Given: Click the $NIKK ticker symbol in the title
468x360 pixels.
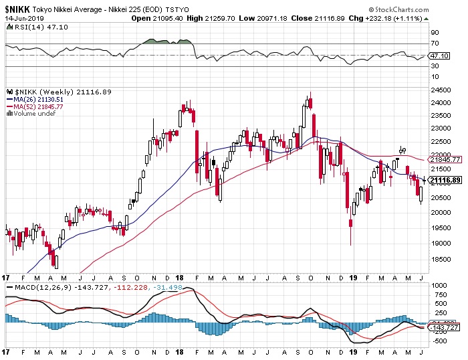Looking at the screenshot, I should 17,9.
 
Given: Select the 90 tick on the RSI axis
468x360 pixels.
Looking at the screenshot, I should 435,33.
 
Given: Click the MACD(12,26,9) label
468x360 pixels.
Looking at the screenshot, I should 31,287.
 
